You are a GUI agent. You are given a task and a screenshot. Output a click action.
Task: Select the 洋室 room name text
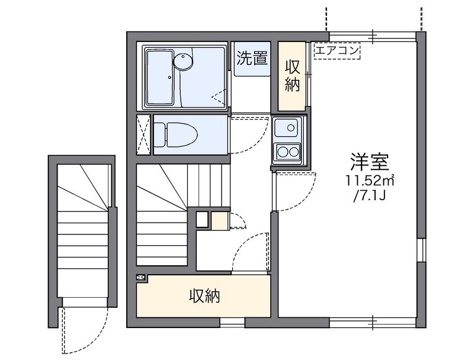pyautogui.click(x=369, y=162)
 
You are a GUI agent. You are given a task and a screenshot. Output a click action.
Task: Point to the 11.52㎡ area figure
pyautogui.click(x=370, y=181)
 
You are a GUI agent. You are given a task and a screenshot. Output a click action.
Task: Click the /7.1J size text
pyautogui.click(x=369, y=196)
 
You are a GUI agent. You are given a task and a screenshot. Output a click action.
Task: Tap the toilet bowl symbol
pyautogui.click(x=175, y=134)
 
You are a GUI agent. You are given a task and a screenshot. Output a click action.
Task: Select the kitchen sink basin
pyautogui.click(x=286, y=127)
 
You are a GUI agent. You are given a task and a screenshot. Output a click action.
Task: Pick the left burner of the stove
pyautogui.click(x=283, y=152)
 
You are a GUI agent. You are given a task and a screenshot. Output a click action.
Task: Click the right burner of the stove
pyautogui.click(x=294, y=152)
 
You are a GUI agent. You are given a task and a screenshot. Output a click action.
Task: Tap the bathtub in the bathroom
pyautogui.click(x=159, y=78)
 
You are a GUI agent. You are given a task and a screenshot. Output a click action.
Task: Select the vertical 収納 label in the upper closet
pyautogui.click(x=292, y=76)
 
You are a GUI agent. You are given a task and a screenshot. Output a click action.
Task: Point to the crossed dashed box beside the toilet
pyautogui.click(x=143, y=134)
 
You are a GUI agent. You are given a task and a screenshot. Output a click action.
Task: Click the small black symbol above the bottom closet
pyautogui.click(x=141, y=277)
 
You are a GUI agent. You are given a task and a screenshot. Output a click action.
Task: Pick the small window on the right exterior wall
pyautogui.click(x=421, y=250)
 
